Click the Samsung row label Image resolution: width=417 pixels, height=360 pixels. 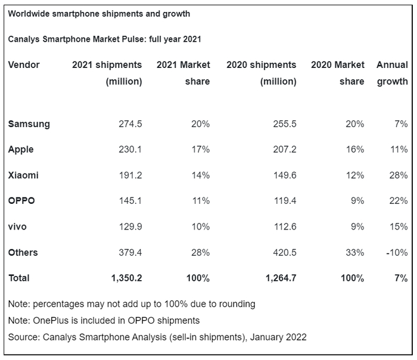[29, 124]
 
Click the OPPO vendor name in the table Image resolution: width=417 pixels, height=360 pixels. [21, 201]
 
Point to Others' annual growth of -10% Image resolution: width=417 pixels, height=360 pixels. [396, 252]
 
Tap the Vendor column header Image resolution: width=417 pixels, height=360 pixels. [24, 64]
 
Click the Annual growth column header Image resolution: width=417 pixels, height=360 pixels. [392, 73]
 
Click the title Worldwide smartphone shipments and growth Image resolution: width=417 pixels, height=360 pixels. [99, 13]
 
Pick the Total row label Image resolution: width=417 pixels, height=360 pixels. [18, 278]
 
